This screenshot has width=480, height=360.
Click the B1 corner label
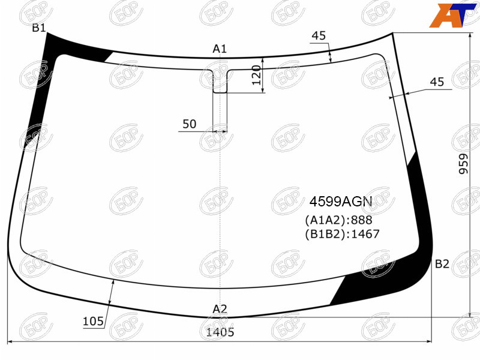(x=39, y=28)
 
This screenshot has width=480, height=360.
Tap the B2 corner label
(x=442, y=263)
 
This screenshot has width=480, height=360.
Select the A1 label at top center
(x=220, y=49)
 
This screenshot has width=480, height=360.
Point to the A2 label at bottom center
(x=220, y=309)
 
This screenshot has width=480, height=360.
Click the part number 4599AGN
(x=341, y=202)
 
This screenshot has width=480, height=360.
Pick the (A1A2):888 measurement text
(x=338, y=220)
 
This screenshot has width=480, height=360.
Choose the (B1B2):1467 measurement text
(x=342, y=234)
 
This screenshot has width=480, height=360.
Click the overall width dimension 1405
(x=220, y=332)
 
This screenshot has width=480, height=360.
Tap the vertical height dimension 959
(x=463, y=164)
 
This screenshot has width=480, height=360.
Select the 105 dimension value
(x=94, y=321)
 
